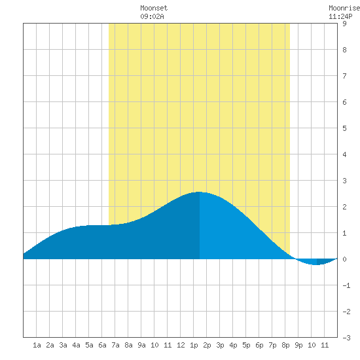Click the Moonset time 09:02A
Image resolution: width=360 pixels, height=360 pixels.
pyautogui.click(x=152, y=16)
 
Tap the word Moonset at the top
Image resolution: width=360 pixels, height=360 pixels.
pyautogui.click(x=154, y=8)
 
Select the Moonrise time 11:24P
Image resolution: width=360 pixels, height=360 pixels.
pyautogui.click(x=340, y=16)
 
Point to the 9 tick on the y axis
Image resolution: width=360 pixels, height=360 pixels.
pyautogui.click(x=344, y=24)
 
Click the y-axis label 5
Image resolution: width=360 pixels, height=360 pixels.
pyautogui.click(x=344, y=128)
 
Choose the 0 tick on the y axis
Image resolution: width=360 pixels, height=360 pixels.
pyautogui.click(x=344, y=259)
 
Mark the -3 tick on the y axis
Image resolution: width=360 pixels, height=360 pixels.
pyautogui.click(x=346, y=338)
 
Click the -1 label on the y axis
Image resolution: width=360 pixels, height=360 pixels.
pyautogui.click(x=346, y=285)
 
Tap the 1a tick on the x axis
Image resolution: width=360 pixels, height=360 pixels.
pyautogui.click(x=37, y=345)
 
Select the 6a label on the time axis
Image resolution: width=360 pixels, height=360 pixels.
pyautogui.click(x=102, y=345)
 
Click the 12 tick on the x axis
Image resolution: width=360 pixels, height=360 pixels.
pyautogui.click(x=181, y=345)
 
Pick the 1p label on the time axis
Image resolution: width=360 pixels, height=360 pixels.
pyautogui.click(x=194, y=345)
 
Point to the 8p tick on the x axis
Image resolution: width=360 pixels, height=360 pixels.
pyautogui.click(x=285, y=345)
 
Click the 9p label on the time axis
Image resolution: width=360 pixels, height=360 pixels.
pyautogui.click(x=298, y=345)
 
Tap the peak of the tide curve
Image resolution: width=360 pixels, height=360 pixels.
pyautogui.click(x=199, y=192)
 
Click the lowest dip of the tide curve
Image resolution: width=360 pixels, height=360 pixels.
pyautogui.click(x=316, y=264)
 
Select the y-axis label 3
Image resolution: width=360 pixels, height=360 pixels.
pyautogui.click(x=344, y=181)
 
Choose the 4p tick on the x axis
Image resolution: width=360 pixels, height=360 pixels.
pyautogui.click(x=233, y=345)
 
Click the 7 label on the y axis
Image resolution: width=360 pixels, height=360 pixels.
pyautogui.click(x=344, y=76)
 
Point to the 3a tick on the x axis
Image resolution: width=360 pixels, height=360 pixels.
pyautogui.click(x=63, y=345)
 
